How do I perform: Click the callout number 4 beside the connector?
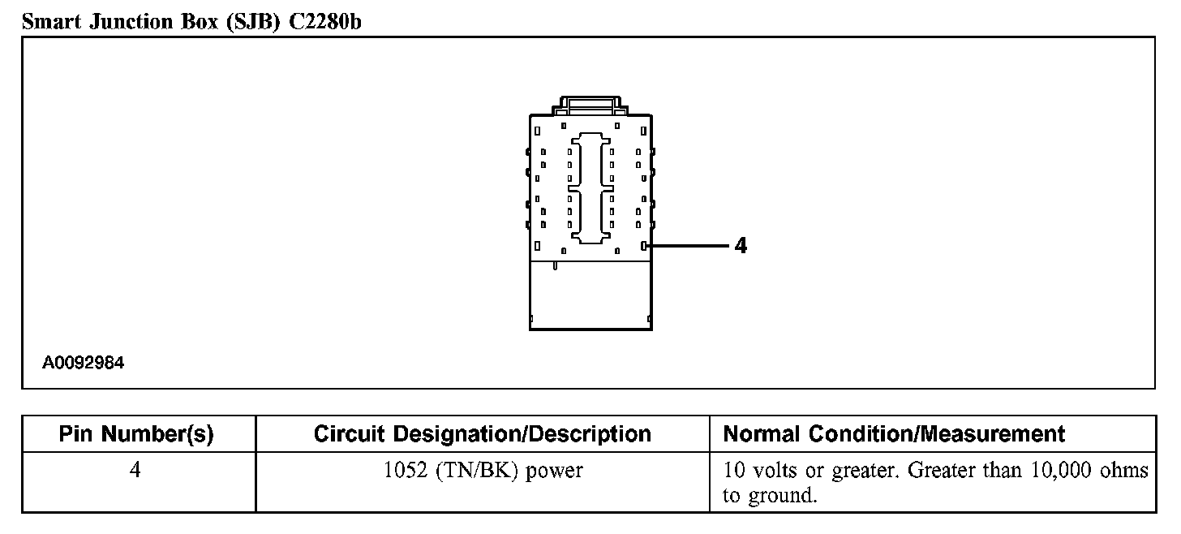[740, 245]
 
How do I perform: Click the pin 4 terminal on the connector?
[643, 245]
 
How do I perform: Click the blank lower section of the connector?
[590, 295]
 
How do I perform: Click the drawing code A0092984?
[84, 363]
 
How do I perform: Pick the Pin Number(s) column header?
[136, 434]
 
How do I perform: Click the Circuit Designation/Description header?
[482, 434]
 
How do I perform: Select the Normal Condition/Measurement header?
[894, 434]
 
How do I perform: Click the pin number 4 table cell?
[136, 471]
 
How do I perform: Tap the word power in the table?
[554, 472]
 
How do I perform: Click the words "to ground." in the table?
[769, 495]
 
